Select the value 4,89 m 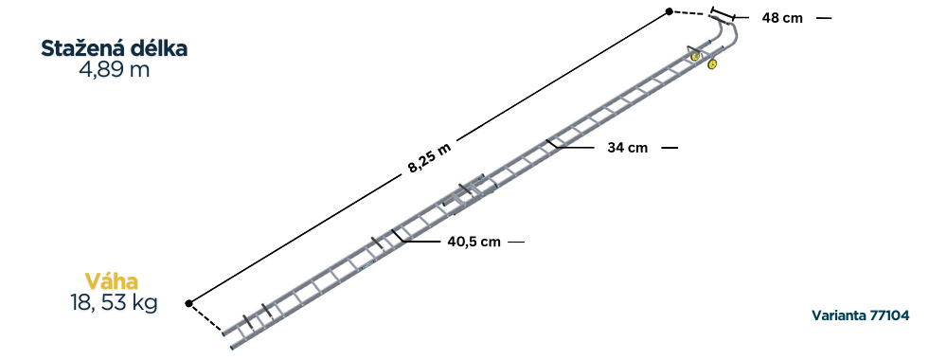coord(115,70)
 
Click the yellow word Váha coord(112,281)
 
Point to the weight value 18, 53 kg coord(114,303)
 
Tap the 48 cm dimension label coord(782,18)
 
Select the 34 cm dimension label coord(627,148)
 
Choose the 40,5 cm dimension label coord(473,242)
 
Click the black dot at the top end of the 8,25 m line coord(669,11)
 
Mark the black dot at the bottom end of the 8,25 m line coord(189,303)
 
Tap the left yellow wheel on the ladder coord(696,56)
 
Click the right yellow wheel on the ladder coord(712,64)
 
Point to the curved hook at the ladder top coord(733,33)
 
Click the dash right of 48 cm coord(824,18)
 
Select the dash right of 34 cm coord(670,148)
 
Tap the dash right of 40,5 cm coord(515,242)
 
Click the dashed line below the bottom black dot coord(206,319)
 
